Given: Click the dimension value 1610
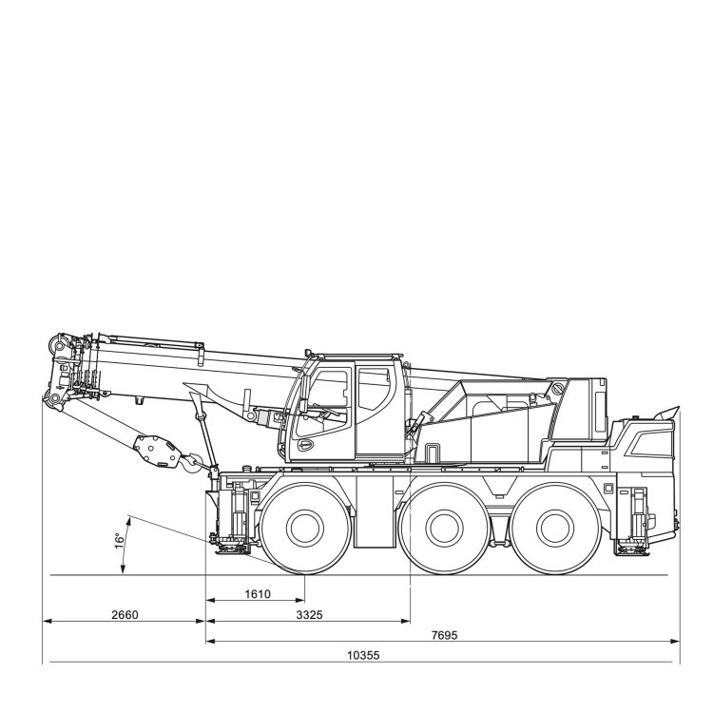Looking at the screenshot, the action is tap(258, 594).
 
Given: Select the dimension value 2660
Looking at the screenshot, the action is tap(125, 615).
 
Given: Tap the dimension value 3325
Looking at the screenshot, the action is tap(309, 615).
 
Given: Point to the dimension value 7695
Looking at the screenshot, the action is tap(444, 635).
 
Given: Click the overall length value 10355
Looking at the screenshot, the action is tap(363, 655).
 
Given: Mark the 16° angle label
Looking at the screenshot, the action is tap(120, 541).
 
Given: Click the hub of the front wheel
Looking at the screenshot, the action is tap(305, 528).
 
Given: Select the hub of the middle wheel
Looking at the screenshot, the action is tap(444, 528).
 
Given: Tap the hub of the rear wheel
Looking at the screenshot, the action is tap(555, 528).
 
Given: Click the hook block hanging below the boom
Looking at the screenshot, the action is tap(157, 451).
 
